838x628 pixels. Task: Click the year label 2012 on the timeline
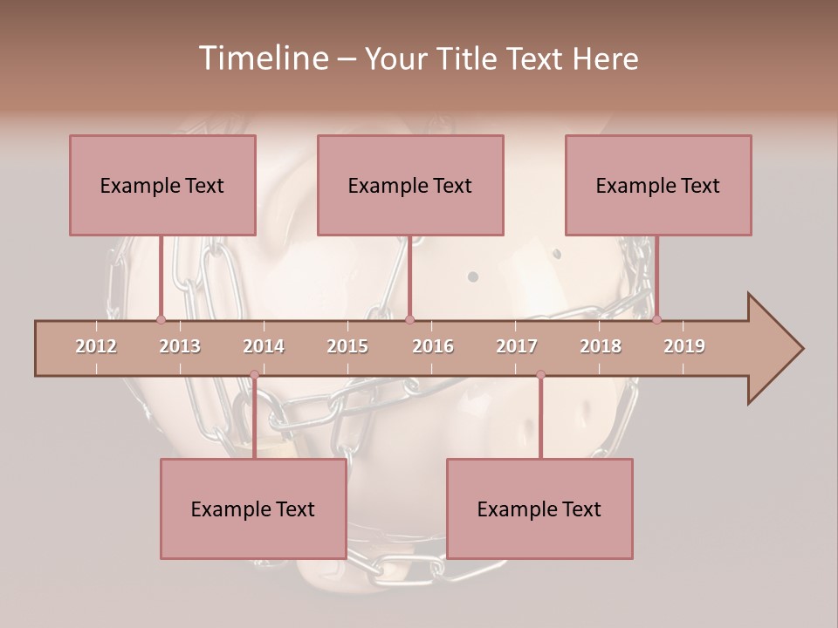(x=96, y=346)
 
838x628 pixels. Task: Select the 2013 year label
(x=180, y=346)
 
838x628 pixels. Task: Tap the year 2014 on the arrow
(x=264, y=346)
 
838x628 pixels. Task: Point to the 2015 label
(x=347, y=346)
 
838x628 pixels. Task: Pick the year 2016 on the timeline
(x=433, y=346)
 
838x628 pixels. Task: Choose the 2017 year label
(x=517, y=346)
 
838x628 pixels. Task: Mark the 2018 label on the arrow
(x=601, y=346)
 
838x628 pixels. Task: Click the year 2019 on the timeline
(x=684, y=346)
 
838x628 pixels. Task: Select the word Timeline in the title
(x=261, y=58)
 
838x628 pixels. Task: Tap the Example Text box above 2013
(x=162, y=185)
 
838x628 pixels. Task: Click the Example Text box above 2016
(x=410, y=185)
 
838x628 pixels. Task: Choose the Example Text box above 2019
(x=658, y=185)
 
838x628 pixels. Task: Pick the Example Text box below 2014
(x=253, y=509)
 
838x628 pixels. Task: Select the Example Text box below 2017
(x=539, y=509)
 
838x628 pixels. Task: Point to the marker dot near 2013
(x=161, y=319)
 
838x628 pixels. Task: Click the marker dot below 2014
(x=254, y=374)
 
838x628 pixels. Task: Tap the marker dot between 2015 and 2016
(x=410, y=319)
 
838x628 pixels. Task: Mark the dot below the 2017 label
(x=540, y=374)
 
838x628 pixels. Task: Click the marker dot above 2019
(x=656, y=319)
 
